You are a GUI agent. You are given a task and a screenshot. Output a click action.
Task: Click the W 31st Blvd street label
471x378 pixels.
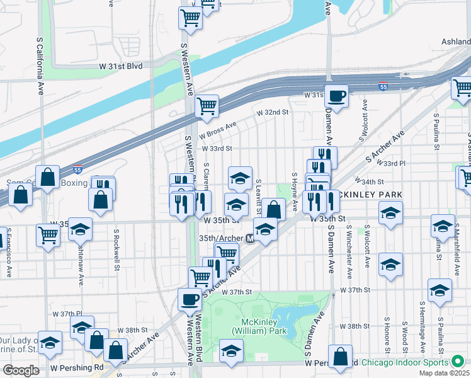120,66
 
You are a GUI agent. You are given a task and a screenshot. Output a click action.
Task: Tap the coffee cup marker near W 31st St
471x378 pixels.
336,96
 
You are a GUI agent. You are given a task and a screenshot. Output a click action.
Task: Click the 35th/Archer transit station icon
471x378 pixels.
250,239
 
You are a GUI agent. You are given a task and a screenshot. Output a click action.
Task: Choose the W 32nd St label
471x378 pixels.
271,112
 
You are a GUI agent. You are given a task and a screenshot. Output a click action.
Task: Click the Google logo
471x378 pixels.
21,370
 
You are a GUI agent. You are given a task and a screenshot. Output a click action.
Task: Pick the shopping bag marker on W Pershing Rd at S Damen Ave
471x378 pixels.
340,357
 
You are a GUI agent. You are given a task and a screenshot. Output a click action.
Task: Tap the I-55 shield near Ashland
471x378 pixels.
383,86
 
